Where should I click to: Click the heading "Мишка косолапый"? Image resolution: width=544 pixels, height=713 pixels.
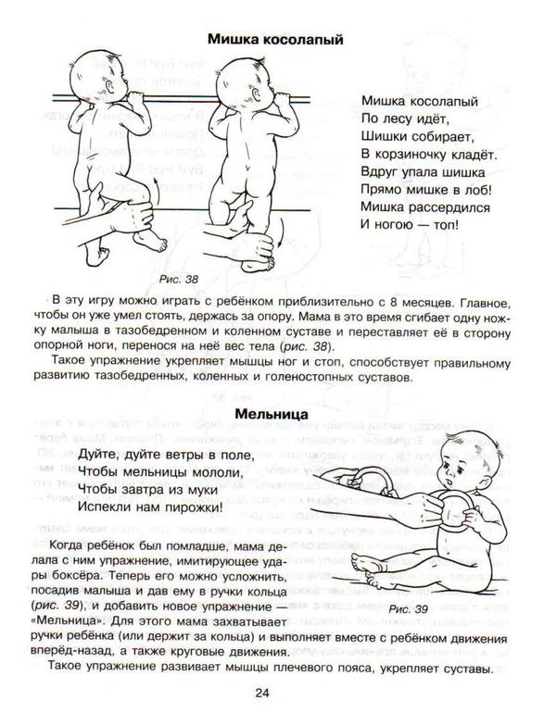(x=275, y=40)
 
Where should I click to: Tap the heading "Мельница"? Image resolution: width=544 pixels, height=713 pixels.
(x=272, y=414)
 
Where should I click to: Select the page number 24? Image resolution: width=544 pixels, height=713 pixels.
(x=262, y=693)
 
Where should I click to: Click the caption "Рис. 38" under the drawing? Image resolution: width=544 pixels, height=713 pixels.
(x=179, y=280)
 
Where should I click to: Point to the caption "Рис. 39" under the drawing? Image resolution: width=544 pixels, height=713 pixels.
(x=409, y=609)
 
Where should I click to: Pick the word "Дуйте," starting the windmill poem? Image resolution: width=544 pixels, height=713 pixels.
(x=98, y=456)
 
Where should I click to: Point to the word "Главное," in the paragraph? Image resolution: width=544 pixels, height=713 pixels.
(x=484, y=303)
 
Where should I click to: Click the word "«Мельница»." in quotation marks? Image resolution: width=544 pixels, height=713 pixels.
(x=70, y=621)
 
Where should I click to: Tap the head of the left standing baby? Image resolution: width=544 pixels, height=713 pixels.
(x=94, y=73)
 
